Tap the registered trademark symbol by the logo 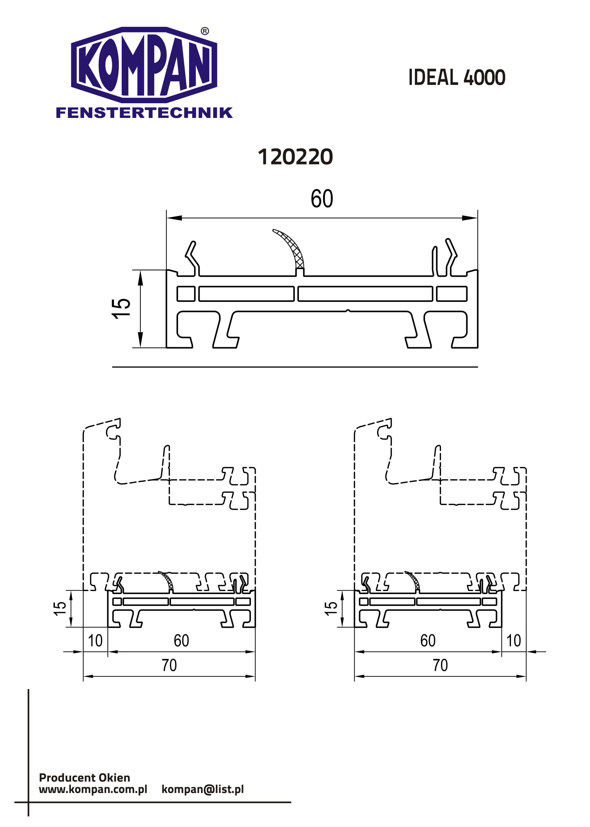[x=205, y=31]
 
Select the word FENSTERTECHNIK [x=144, y=113]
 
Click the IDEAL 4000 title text [x=457, y=77]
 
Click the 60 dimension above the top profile [x=322, y=199]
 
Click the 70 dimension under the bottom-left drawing [x=169, y=665]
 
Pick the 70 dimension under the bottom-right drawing [x=440, y=665]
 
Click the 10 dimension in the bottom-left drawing [x=95, y=641]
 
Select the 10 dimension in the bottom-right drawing [x=514, y=641]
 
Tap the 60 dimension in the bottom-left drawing [x=181, y=641]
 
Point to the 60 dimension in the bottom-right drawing [x=428, y=641]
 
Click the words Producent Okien [x=84, y=778]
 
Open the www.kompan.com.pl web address [x=93, y=789]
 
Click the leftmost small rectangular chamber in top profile [x=186, y=294]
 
